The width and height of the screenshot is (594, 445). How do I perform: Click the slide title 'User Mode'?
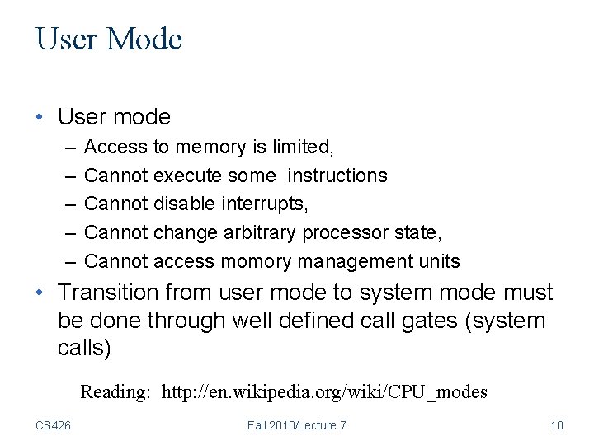point(109,40)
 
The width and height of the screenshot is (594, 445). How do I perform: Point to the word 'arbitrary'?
point(260,232)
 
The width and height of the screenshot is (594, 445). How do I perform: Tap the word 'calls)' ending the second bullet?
point(84,347)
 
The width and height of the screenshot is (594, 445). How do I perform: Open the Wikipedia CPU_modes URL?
point(324,391)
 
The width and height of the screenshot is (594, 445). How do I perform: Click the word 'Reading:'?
point(115,391)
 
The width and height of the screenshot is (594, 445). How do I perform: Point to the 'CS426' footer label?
point(53,425)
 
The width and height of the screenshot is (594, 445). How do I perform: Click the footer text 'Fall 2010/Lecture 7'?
point(296,425)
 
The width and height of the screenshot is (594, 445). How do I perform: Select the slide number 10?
point(556,425)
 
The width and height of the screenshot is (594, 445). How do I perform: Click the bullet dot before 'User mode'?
point(40,118)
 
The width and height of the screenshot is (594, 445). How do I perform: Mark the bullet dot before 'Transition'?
point(40,293)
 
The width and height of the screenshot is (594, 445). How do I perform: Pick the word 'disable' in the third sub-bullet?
point(185,204)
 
